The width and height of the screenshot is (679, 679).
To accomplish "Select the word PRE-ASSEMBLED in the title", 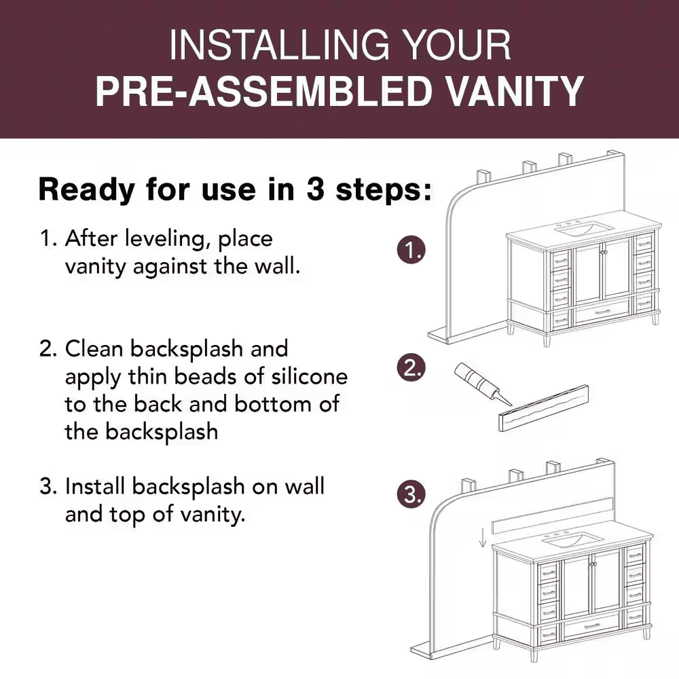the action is [263, 91].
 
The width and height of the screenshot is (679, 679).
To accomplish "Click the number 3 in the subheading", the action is [316, 189].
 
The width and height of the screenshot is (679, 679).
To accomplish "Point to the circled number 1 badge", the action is [411, 250].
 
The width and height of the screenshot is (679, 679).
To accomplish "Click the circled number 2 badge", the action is [411, 367].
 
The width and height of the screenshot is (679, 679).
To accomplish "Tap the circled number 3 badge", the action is [411, 494].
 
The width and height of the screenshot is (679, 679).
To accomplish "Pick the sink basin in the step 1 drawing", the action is [585, 228].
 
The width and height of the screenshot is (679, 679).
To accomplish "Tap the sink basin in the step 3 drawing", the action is [573, 539].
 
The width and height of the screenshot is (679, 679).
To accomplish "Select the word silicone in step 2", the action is [309, 376].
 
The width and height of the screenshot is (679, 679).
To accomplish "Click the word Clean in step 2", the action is [94, 348].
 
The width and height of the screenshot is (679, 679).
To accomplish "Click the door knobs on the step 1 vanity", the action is [603, 252].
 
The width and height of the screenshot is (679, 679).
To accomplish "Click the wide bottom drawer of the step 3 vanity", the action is [591, 626].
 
